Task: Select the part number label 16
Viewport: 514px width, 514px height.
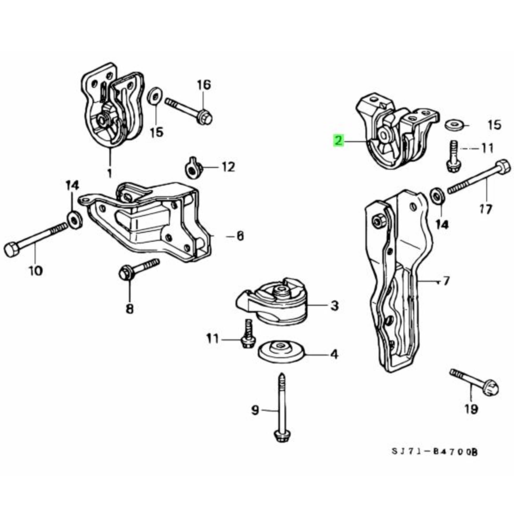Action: pos(204,85)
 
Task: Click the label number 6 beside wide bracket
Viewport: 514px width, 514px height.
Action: pos(240,236)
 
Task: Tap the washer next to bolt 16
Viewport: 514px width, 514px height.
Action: pos(153,95)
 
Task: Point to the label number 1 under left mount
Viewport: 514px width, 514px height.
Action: pos(109,173)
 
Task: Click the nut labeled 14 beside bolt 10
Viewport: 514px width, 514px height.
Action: pos(74,219)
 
